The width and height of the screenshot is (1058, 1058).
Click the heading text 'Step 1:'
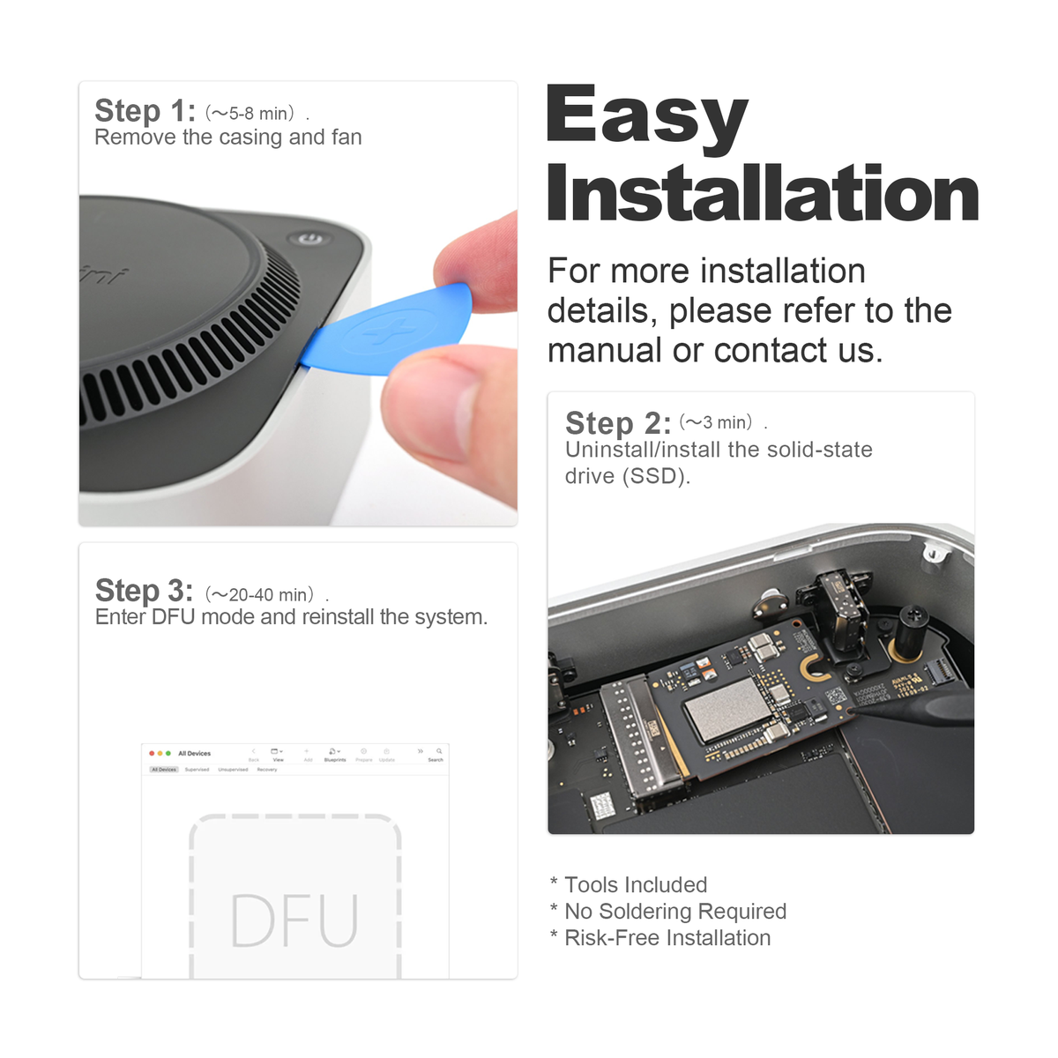[145, 111]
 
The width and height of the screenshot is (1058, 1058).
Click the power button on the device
[308, 238]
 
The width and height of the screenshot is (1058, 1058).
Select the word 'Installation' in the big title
[763, 194]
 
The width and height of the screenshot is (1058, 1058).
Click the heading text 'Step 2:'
[618, 423]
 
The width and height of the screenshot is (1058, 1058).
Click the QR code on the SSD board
[836, 698]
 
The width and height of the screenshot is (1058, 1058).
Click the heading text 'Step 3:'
[144, 590]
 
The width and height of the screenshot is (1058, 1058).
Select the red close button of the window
[152, 753]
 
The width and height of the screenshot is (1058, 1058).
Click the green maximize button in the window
[168, 753]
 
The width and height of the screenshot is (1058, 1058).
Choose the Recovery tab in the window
[267, 770]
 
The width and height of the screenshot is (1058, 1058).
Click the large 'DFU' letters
[294, 921]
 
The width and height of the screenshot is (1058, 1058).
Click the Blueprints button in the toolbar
[335, 754]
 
